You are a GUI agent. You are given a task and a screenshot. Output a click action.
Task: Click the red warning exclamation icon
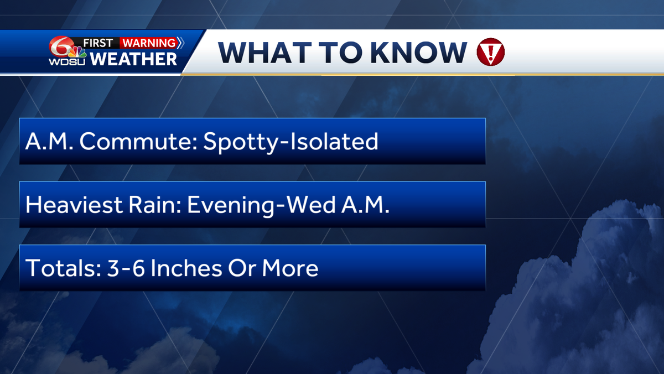click(x=491, y=52)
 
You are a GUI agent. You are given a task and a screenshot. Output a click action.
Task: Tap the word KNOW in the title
click(x=418, y=53)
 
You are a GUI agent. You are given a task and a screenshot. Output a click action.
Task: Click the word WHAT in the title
click(x=264, y=53)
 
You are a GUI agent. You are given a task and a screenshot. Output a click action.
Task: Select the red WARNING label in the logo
click(x=149, y=43)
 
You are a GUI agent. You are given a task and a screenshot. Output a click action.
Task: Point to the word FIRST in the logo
click(x=98, y=43)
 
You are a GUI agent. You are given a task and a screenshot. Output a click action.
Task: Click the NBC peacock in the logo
click(x=77, y=53)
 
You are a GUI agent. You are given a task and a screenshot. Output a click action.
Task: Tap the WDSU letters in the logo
click(x=67, y=62)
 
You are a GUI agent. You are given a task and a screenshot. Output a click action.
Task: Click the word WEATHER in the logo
click(x=133, y=59)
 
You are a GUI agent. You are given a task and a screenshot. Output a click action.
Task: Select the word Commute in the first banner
click(x=138, y=142)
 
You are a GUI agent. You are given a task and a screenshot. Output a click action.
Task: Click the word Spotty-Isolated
click(x=291, y=142)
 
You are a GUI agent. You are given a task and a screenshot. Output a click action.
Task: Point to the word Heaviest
click(x=74, y=205)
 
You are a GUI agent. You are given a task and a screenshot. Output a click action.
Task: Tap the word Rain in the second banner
click(x=155, y=205)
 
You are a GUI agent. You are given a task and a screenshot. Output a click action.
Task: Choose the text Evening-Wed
click(x=261, y=205)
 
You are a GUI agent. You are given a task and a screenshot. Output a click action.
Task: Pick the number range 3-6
click(x=126, y=268)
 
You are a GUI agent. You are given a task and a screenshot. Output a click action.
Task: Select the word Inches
click(x=186, y=268)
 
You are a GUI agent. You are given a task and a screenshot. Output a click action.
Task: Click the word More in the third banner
click(x=290, y=268)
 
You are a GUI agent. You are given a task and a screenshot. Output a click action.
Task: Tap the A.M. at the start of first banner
click(x=49, y=142)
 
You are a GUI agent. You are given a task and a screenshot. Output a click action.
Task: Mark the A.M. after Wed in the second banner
click(x=365, y=205)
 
